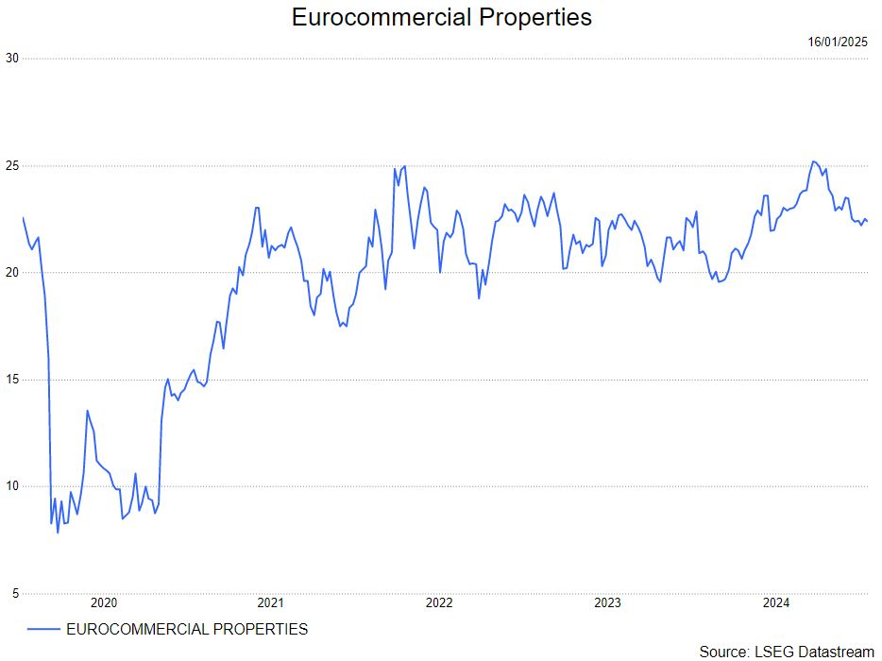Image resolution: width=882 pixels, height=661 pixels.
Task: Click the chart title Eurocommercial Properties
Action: (441, 17)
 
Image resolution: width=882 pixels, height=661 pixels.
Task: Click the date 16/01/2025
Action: (838, 42)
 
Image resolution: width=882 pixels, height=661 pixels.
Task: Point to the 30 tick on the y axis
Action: (12, 59)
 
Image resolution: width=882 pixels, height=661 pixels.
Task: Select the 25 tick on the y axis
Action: (12, 166)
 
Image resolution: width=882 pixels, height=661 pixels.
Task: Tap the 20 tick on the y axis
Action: (12, 273)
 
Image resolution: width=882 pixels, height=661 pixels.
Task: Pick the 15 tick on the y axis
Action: (12, 380)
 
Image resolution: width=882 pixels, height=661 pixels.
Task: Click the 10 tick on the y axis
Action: (12, 487)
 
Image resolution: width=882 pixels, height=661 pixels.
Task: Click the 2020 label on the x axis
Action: (103, 603)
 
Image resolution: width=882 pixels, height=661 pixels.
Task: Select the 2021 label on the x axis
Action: (271, 603)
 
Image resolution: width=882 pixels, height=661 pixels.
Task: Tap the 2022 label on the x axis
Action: (439, 603)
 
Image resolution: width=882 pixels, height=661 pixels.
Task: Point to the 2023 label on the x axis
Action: (607, 603)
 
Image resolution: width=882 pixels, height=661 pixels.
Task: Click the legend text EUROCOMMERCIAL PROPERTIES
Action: (187, 629)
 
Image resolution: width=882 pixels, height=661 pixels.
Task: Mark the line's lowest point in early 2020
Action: (58, 533)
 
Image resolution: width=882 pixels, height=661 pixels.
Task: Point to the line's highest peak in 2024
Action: (813, 161)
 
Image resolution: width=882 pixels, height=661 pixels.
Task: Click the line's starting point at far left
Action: (23, 218)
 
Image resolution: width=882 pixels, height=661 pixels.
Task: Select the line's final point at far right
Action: (867, 222)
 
